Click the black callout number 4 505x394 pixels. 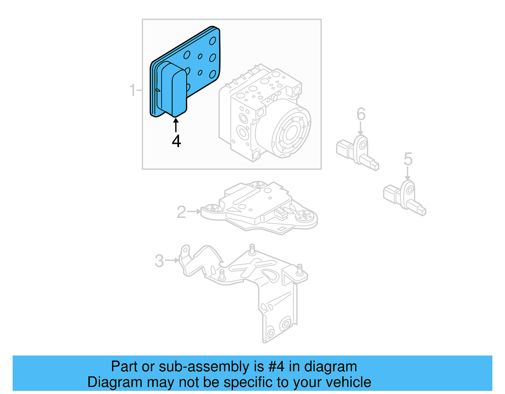click(x=176, y=141)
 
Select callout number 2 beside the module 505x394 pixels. click(x=181, y=212)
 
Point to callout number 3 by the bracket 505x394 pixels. click(x=159, y=261)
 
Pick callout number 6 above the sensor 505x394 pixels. click(x=361, y=114)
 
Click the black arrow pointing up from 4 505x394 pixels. click(x=176, y=125)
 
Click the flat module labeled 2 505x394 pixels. click(x=259, y=208)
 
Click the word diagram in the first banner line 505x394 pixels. click(x=330, y=367)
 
